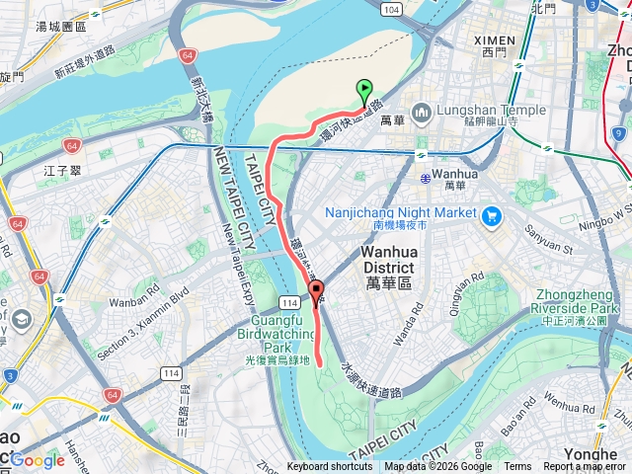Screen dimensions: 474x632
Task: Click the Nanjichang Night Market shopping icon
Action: tap(491, 213)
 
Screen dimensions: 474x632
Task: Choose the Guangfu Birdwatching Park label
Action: tap(277, 335)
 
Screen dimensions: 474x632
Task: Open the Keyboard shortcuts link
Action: tap(330, 467)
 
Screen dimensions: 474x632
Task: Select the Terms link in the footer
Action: tap(517, 467)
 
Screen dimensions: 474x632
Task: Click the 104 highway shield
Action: tap(394, 8)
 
